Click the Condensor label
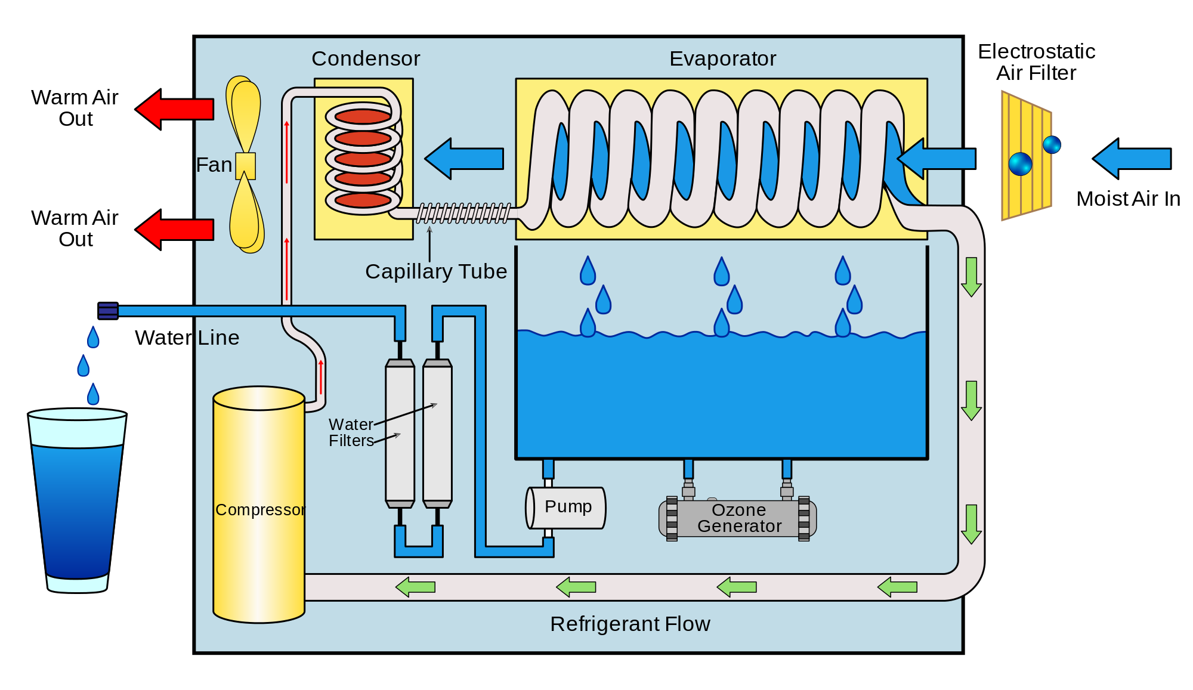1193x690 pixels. click(x=366, y=58)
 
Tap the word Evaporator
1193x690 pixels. click(x=722, y=58)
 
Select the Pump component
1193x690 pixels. click(x=566, y=508)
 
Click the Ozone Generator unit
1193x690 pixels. click(x=738, y=518)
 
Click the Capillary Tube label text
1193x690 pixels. click(x=436, y=271)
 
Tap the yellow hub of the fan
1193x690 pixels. click(x=245, y=166)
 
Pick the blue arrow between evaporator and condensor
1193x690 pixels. click(x=464, y=159)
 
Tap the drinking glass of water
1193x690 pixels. click(x=77, y=501)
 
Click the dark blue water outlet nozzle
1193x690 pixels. click(x=108, y=311)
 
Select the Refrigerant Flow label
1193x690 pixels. click(x=630, y=624)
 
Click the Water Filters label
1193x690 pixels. click(x=351, y=432)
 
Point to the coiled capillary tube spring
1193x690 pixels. click(x=463, y=213)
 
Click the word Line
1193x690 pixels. click(x=218, y=338)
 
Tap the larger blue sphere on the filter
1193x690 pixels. click(x=1020, y=164)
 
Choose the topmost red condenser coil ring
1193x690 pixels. click(x=363, y=116)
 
